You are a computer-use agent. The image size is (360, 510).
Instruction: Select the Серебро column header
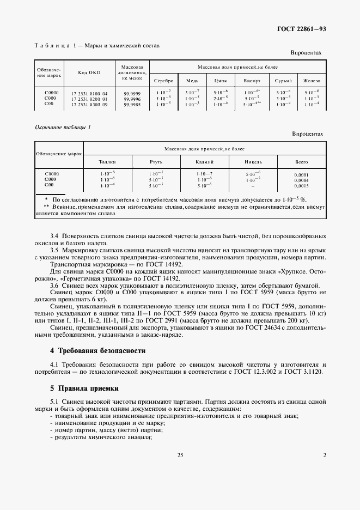pyautogui.click(x=163, y=80)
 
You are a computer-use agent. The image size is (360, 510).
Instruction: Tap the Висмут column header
pyautogui.click(x=252, y=80)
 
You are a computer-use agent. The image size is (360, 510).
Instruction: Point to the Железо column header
pyautogui.click(x=313, y=80)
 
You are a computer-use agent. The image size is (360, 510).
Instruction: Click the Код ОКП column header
pyautogui.click(x=89, y=72)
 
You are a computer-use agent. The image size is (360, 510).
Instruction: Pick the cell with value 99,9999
pyautogui.click(x=132, y=94)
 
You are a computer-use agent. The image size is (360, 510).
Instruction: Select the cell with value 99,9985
pyautogui.click(x=132, y=104)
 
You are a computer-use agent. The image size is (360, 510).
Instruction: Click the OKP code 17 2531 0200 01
pyautogui.click(x=89, y=99)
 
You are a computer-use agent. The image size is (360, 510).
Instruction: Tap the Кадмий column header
pyautogui.click(x=205, y=162)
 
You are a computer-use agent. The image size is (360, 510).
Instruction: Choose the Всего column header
pyautogui.click(x=301, y=162)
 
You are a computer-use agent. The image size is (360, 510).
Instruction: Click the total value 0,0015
pyautogui.click(x=301, y=185)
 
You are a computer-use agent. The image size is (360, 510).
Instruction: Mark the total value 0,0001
pyautogui.click(x=301, y=175)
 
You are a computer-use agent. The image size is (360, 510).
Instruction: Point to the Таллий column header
pyautogui.click(x=107, y=162)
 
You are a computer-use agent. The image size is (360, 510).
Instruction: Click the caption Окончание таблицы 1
pyautogui.click(x=63, y=127)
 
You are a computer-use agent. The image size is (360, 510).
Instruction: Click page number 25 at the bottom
pyautogui.click(x=180, y=455)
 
